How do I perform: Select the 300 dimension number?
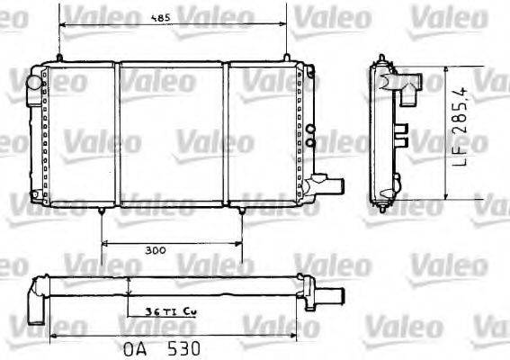pos(153,251)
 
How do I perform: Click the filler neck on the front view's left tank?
pos(33,82)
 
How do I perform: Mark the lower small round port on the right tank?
pos(310,142)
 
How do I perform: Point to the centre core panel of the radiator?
pos(171,135)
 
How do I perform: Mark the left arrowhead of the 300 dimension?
pos(105,243)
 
